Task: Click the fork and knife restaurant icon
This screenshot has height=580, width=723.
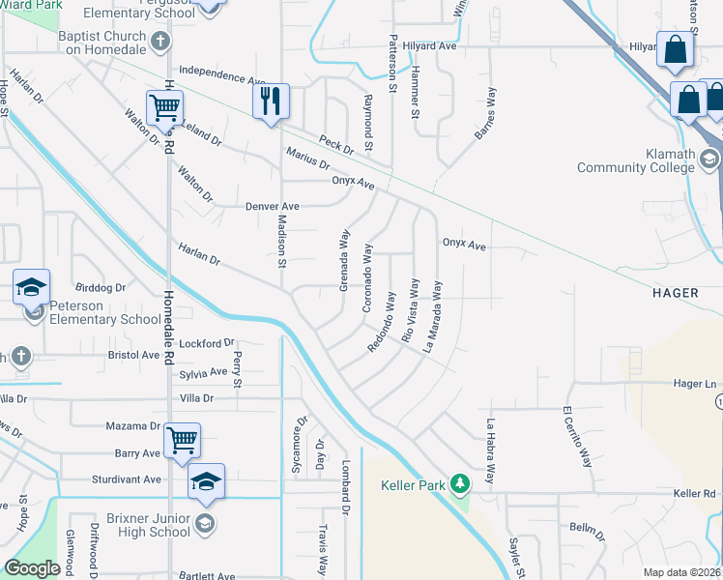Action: click(x=272, y=101)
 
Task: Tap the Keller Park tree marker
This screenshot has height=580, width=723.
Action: click(x=462, y=481)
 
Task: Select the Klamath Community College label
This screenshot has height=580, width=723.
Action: click(x=636, y=160)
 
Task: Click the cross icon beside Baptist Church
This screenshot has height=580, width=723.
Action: click(x=160, y=42)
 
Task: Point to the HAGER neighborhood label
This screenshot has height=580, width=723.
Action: click(x=675, y=292)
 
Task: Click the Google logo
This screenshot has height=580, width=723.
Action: click(x=32, y=567)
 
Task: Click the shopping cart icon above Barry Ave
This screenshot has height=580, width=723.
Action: click(x=182, y=440)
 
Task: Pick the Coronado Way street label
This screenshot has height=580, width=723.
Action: click(x=367, y=276)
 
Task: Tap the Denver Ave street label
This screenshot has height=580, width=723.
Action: click(x=273, y=206)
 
